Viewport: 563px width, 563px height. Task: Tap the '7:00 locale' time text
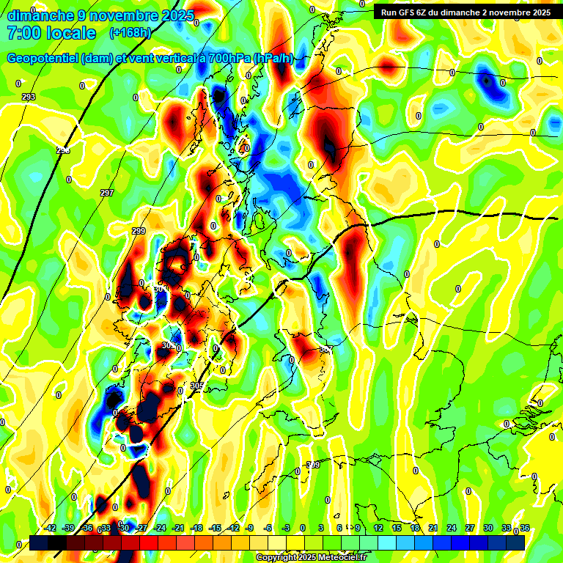(51, 33)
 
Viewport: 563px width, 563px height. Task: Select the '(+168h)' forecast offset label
(130, 33)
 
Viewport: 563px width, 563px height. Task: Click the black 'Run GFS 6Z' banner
(466, 12)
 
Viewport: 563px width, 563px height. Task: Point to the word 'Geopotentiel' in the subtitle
(43, 59)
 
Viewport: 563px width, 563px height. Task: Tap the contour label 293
(29, 97)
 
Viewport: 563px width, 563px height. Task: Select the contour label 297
(107, 193)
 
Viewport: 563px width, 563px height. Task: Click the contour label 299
(139, 231)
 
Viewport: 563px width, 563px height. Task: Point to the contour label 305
(196, 386)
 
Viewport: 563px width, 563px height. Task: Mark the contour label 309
(313, 466)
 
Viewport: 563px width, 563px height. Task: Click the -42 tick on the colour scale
(51, 528)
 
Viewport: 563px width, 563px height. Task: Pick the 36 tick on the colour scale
(525, 528)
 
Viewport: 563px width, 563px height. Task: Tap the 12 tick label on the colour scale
(378, 528)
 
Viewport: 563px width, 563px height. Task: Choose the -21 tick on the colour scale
(178, 528)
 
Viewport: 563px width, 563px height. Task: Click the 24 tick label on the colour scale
(452, 528)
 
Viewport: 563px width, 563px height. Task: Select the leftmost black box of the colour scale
(39, 542)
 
